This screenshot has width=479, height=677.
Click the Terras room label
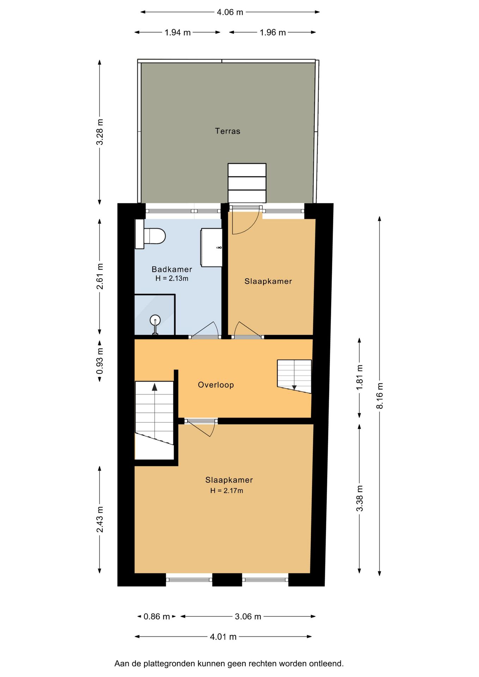228,131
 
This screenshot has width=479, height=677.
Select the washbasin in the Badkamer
211,247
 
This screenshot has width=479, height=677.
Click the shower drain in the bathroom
155,321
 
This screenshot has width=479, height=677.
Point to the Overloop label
216,385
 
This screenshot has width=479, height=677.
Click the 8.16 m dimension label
380,396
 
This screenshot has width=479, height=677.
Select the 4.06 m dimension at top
230,12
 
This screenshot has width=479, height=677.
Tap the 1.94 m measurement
177,32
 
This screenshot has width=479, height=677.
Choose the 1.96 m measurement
273,32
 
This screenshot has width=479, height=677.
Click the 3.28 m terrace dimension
100,132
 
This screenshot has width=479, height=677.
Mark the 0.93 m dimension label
100,361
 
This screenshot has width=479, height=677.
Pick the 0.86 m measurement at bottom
157,616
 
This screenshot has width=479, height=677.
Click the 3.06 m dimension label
248,616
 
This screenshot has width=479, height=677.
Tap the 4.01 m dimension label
223,637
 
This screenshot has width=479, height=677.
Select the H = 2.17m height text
226,490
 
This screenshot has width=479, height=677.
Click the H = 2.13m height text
172,278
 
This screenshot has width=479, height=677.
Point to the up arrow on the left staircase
154,387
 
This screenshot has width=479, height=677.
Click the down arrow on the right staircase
294,388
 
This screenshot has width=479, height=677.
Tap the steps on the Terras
247,183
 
